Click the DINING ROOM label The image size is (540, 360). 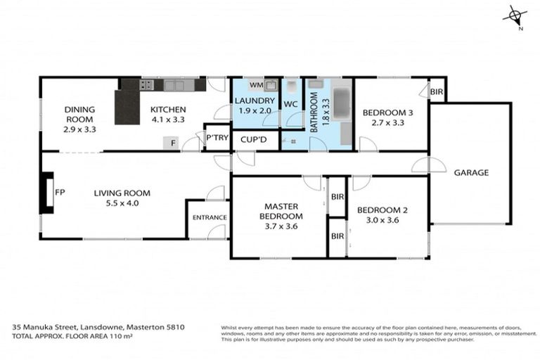pyautogui.click(x=79, y=114)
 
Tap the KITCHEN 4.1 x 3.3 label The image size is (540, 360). pyautogui.click(x=167, y=114)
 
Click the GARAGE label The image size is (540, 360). pyautogui.click(x=470, y=172)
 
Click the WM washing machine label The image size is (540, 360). pyautogui.click(x=256, y=85)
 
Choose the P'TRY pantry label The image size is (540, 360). pyautogui.click(x=217, y=138)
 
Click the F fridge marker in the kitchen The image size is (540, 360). pyautogui.click(x=174, y=143)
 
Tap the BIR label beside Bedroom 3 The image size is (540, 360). pyautogui.click(x=436, y=91)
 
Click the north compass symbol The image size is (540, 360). pyautogui.click(x=516, y=16)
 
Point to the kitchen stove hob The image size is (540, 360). pyautogui.click(x=146, y=85)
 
